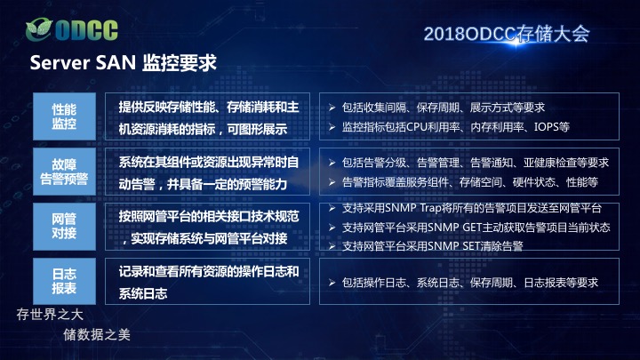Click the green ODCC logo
click(x=72, y=29)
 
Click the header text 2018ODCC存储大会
click(x=507, y=34)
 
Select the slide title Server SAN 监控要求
click(x=124, y=63)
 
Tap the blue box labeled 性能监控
click(x=65, y=116)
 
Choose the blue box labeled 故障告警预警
click(x=65, y=172)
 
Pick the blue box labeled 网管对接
click(x=65, y=226)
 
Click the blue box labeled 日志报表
click(x=65, y=281)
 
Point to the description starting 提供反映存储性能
click(x=209, y=118)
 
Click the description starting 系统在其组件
click(x=209, y=173)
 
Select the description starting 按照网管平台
click(x=209, y=228)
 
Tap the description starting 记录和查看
click(x=209, y=283)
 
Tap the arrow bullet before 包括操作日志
click(x=332, y=283)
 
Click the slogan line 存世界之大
click(x=50, y=315)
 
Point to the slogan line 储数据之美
click(x=97, y=335)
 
